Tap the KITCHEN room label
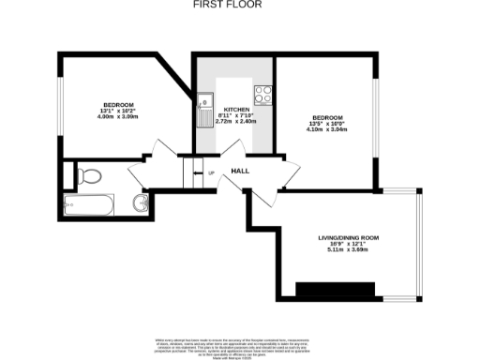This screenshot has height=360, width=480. click(235, 110)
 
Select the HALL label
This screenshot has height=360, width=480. click(240, 172)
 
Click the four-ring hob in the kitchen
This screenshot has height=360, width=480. click(263, 95)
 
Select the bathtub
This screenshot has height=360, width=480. click(87, 203)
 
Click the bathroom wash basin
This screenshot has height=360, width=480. click(141, 202)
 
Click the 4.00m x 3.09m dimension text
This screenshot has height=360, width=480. click(118, 116)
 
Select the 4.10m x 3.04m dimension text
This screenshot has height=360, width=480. click(328, 129)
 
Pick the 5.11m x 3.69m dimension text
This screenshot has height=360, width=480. click(341, 250)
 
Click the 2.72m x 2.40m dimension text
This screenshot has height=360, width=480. click(235, 121)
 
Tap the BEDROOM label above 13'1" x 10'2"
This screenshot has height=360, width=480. click(118, 103)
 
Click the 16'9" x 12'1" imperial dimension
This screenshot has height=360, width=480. click(341, 244)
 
